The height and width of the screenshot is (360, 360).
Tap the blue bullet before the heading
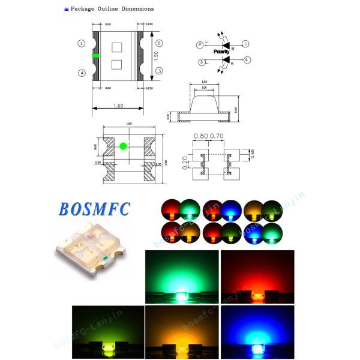pyautogui.click(x=66, y=9)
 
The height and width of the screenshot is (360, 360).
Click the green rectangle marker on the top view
pyautogui.click(x=96, y=55)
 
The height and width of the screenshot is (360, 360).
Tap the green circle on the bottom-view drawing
pyautogui.click(x=123, y=146)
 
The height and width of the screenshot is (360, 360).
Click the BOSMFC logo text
pyautogui.click(x=94, y=209)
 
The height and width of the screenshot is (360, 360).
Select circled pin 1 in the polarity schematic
pyautogui.click(x=245, y=44)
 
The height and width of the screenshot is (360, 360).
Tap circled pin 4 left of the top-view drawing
pyautogui.click(x=81, y=73)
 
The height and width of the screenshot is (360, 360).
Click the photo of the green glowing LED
pyautogui.click(x=181, y=277)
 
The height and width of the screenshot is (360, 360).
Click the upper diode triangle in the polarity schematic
pyautogui.click(x=226, y=44)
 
